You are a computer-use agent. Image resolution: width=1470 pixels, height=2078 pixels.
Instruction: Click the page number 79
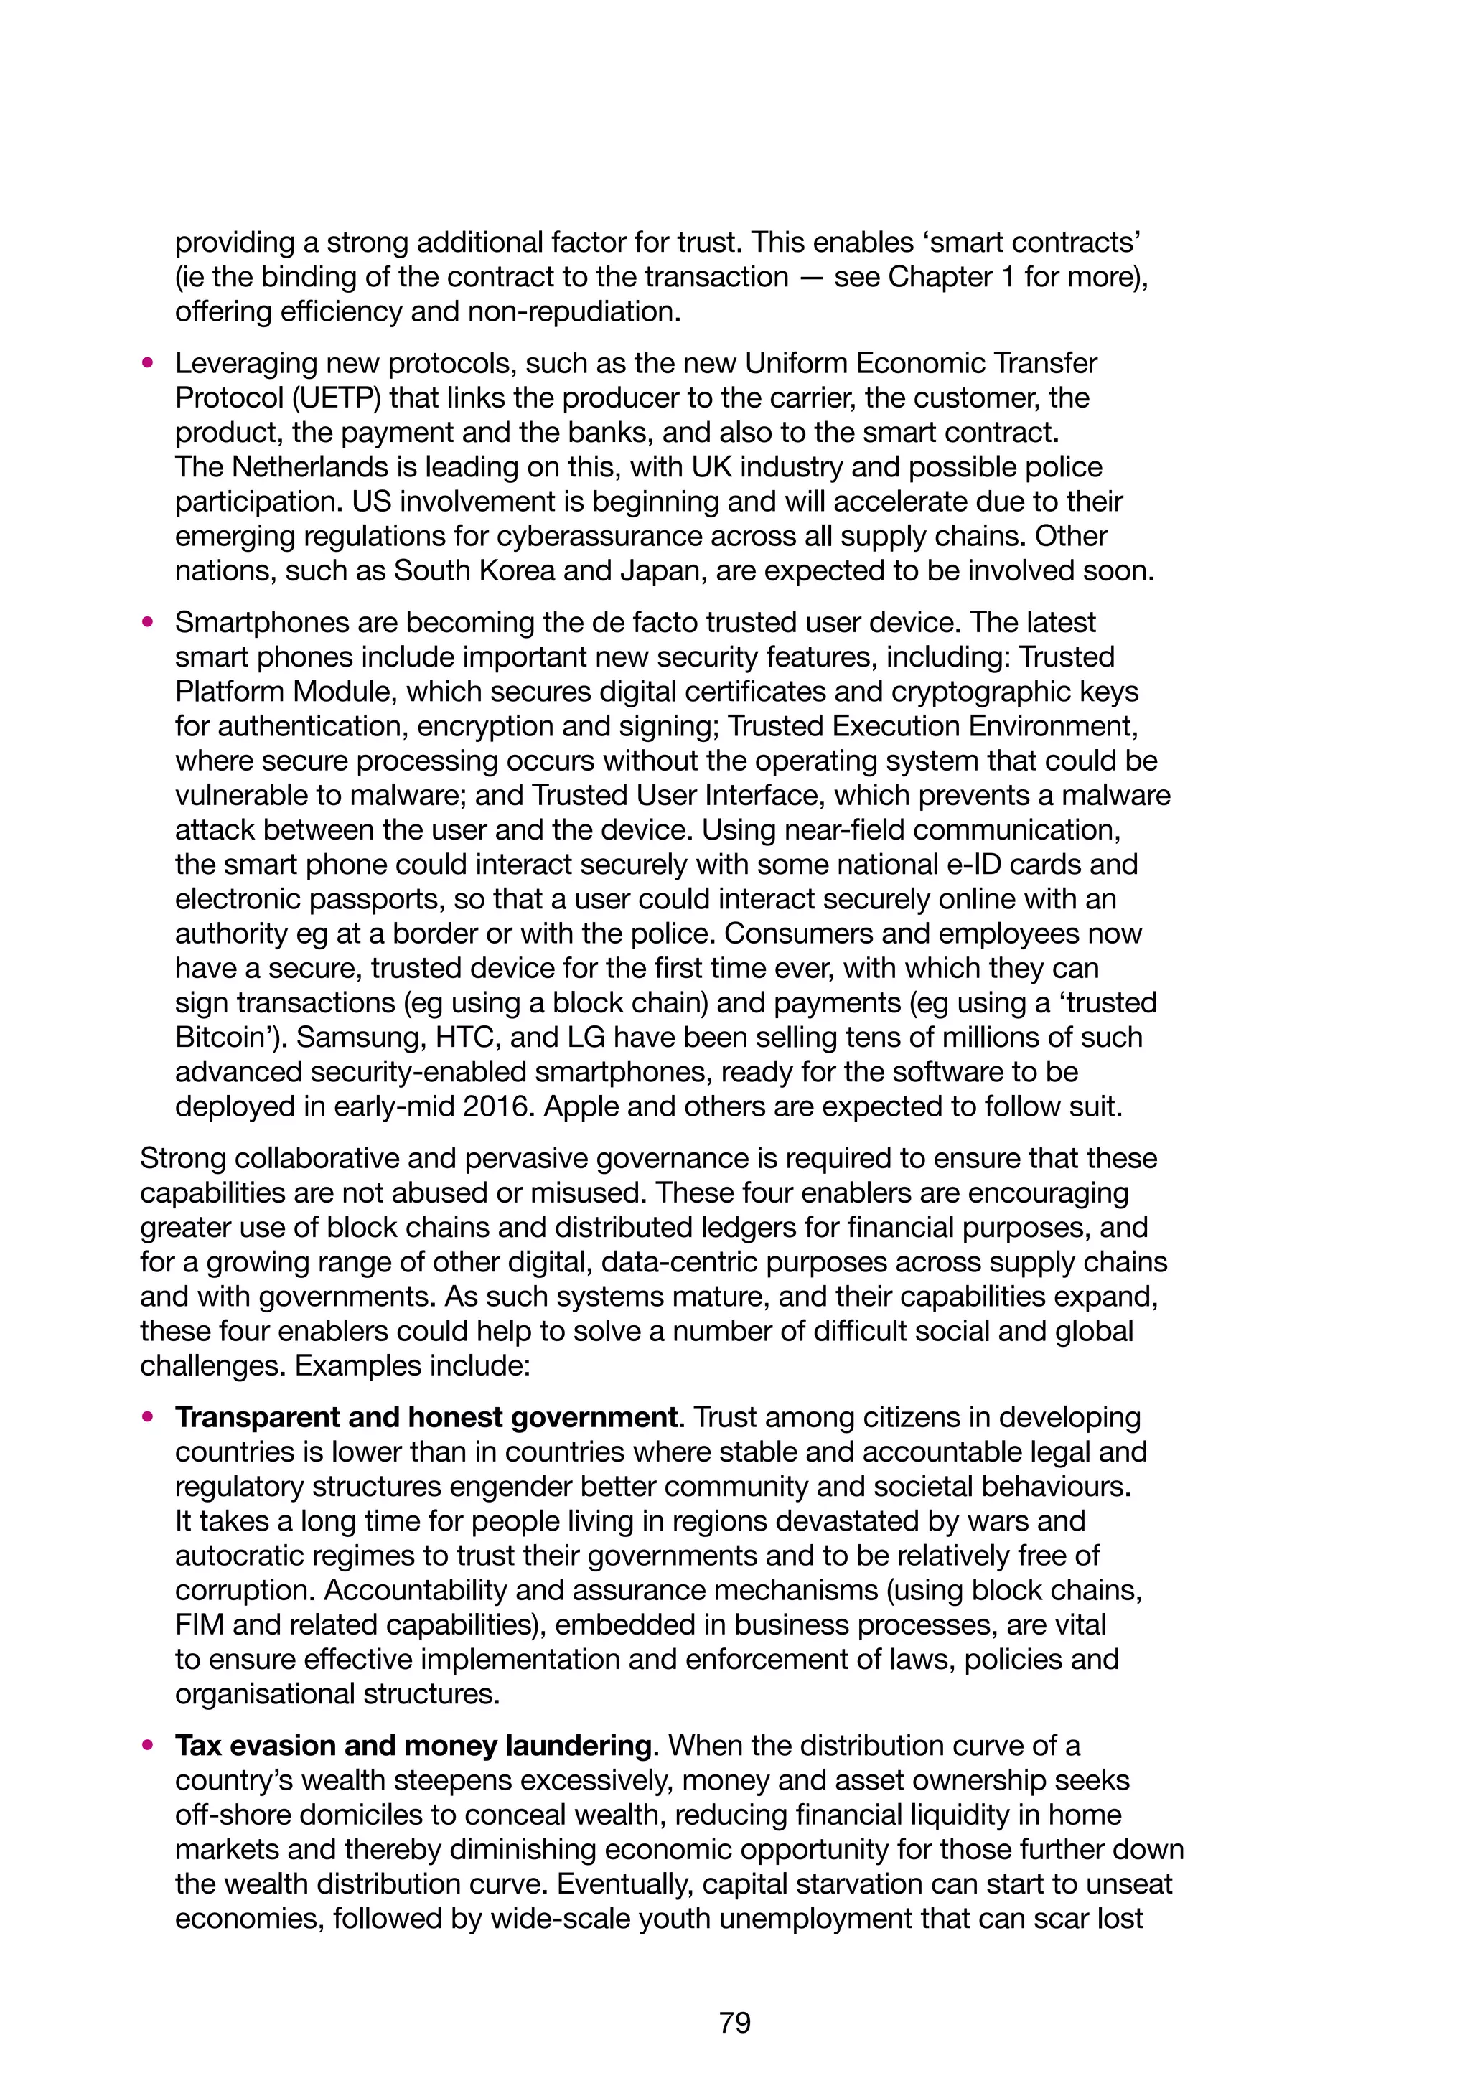point(734,2022)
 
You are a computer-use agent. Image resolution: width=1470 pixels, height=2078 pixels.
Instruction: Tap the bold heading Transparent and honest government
point(426,1417)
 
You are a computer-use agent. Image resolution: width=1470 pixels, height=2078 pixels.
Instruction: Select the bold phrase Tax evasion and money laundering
point(413,1746)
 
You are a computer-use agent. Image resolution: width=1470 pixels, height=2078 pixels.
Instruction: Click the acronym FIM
point(199,1625)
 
